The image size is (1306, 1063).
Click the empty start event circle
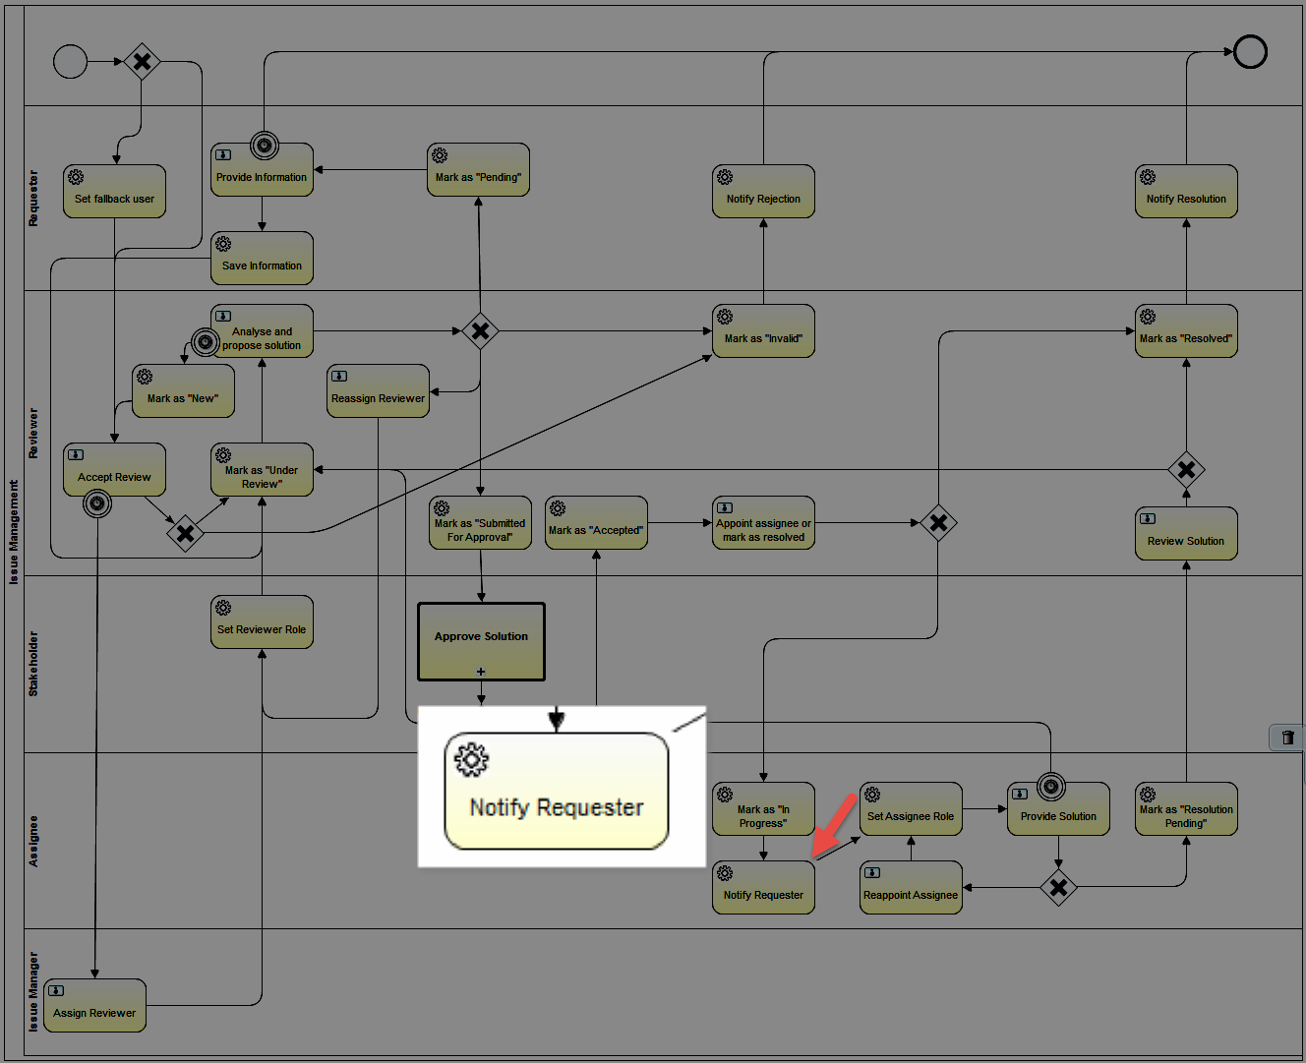coord(70,61)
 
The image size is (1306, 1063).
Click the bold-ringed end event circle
coord(1250,51)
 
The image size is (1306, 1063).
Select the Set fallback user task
coord(115,192)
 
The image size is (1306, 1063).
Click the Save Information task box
coord(262,258)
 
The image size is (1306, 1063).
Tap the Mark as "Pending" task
coord(478,170)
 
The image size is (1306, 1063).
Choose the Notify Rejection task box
coord(763,192)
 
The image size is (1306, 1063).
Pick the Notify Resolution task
coord(1186,192)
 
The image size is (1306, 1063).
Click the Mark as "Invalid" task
coord(763,331)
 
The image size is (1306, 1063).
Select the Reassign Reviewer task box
coord(379,391)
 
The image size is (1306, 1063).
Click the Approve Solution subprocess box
coord(481,642)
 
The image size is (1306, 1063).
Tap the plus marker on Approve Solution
coord(481,672)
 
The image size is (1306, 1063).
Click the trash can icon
coord(1287,738)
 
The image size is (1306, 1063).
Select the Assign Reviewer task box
coord(95,1005)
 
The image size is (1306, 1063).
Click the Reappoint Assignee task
coord(911,888)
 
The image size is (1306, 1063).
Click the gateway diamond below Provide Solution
coord(1058,887)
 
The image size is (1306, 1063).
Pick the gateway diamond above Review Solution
coord(1186,470)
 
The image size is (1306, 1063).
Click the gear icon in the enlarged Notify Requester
coord(471,759)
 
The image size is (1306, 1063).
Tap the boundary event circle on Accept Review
coord(97,503)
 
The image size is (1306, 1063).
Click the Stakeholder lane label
coord(33,664)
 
